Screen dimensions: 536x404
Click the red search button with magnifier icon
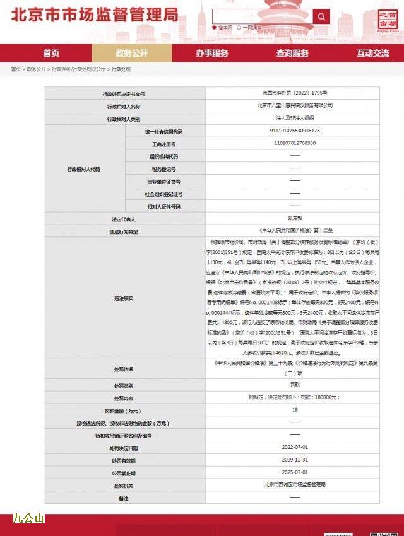(x=321, y=17)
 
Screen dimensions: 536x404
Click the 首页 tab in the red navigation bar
(x=51, y=53)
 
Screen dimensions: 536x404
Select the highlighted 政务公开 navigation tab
(x=131, y=53)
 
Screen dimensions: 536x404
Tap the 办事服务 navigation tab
(x=212, y=53)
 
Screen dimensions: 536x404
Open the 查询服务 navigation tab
(x=292, y=53)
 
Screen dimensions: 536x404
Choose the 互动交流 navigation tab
(x=373, y=53)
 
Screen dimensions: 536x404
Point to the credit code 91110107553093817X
(x=295, y=131)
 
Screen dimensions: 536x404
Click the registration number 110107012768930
(x=295, y=143)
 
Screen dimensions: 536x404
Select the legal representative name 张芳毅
(x=295, y=219)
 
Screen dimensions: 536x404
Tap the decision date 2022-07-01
(x=295, y=448)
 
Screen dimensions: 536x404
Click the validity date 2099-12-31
(x=295, y=460)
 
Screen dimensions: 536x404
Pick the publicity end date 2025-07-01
(x=295, y=473)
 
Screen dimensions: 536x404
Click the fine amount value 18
(x=295, y=410)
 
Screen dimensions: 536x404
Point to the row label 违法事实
(x=123, y=298)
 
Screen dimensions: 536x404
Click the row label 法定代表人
(x=123, y=219)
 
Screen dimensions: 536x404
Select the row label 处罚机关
(x=123, y=486)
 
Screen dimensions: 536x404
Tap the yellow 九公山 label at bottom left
(x=28, y=518)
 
